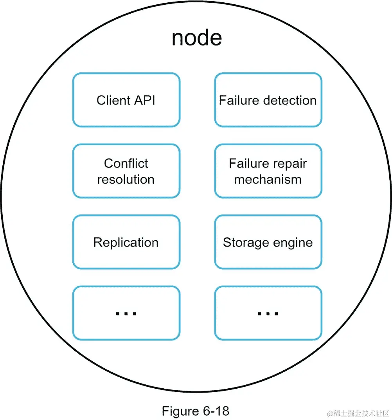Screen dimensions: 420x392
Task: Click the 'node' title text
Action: coord(196,38)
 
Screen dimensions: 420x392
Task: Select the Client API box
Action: coord(126,100)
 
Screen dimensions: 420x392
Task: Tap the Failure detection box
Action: coord(268,100)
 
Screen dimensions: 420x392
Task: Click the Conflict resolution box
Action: coord(126,171)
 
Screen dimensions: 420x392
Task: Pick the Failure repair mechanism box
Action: coord(268,171)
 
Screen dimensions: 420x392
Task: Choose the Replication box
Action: coord(126,242)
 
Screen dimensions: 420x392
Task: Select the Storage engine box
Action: coord(268,242)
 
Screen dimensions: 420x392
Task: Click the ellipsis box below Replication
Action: coord(126,313)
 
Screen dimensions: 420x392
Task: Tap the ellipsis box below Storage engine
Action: coord(268,313)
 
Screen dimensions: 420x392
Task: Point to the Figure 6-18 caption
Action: coord(195,411)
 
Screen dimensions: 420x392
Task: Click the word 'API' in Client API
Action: coord(143,100)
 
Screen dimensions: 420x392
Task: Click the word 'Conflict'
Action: coord(126,163)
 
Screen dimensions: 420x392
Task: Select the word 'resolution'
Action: coord(126,179)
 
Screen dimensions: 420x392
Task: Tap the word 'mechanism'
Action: coord(268,179)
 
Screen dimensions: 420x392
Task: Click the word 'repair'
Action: coord(290,164)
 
